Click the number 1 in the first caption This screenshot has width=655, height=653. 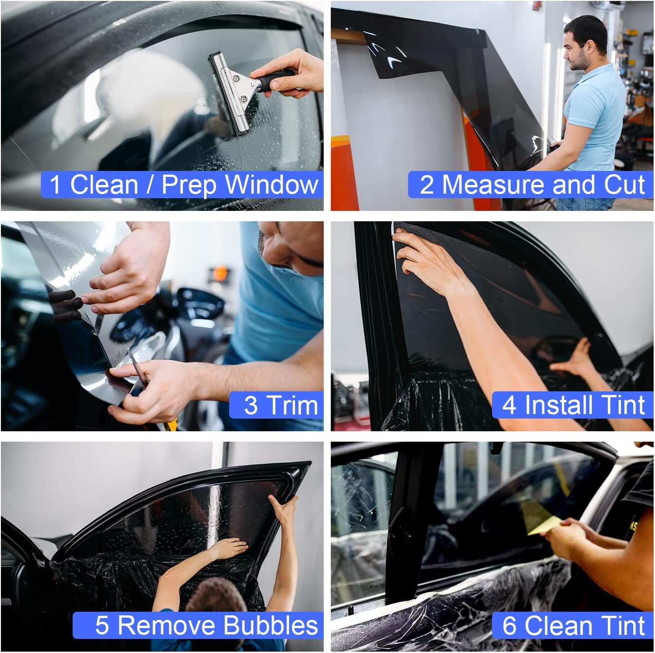click(55, 185)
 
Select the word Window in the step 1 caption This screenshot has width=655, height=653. click(272, 185)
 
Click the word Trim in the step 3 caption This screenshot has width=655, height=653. click(292, 405)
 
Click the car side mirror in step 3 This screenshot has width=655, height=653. click(200, 304)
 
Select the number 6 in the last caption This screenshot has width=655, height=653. click(509, 625)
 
